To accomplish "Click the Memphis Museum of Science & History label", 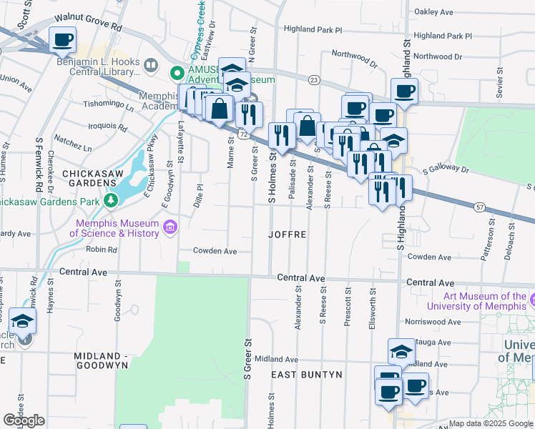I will [118, 228].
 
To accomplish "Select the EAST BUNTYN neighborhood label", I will [307, 374].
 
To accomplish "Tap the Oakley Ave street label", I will [434, 12].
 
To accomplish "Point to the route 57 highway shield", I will [478, 207].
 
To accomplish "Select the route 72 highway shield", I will [244, 134].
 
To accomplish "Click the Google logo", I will [24, 420].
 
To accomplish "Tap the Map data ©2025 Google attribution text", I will [491, 423].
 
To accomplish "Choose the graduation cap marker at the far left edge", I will [23, 321].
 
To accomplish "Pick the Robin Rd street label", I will [102, 250].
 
